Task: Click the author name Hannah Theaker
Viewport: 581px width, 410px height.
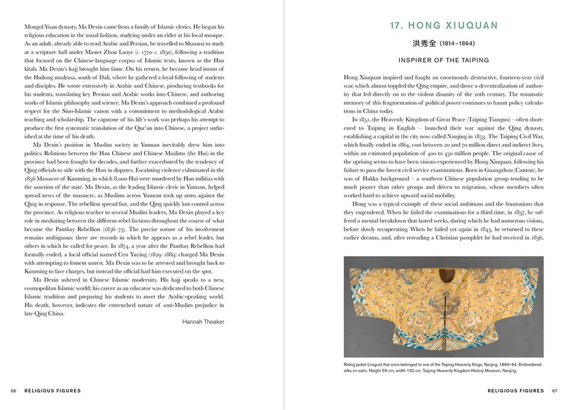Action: point(204,320)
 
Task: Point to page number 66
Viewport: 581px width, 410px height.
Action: point(13,391)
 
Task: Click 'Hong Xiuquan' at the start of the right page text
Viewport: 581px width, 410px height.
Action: point(363,80)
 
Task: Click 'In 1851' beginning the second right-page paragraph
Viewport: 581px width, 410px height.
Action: point(362,118)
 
